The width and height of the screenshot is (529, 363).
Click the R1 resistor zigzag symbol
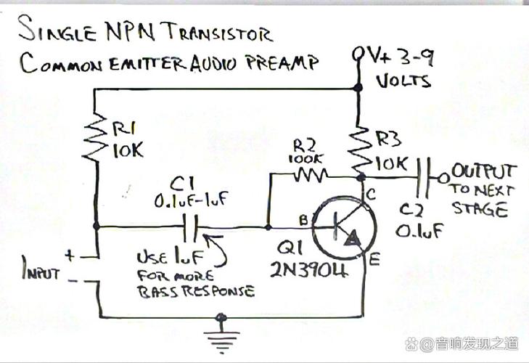click(x=95, y=137)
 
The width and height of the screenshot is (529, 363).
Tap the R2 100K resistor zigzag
click(x=310, y=175)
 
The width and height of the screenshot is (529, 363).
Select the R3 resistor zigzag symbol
click(x=361, y=150)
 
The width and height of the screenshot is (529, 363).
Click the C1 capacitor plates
click(x=190, y=228)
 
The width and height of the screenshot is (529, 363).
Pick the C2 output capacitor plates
click(x=423, y=178)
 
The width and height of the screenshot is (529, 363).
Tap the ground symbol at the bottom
click(x=221, y=334)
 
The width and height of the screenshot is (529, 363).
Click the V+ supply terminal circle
click(x=357, y=54)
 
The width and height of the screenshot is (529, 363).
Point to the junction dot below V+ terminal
click(x=358, y=88)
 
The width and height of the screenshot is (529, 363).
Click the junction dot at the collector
click(x=361, y=176)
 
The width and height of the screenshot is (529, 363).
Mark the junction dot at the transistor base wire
click(x=268, y=227)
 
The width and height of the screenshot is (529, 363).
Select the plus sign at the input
click(x=69, y=255)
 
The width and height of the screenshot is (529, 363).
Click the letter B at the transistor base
click(x=303, y=220)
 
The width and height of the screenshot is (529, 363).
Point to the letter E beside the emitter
click(x=374, y=260)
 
